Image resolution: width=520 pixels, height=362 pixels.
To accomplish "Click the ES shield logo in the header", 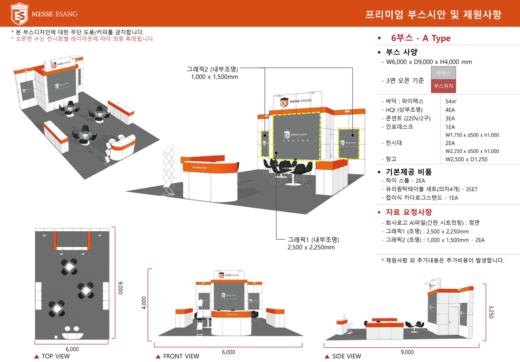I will coord(19,14).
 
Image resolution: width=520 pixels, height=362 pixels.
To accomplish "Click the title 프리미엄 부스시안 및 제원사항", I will coord(433,15).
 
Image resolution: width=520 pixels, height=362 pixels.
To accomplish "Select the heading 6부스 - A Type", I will coord(421,38).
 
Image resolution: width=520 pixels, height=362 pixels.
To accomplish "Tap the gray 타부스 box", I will coord(443,73).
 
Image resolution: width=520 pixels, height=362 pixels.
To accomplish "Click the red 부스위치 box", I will coord(443,86).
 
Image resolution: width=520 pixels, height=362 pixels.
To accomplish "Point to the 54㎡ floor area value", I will coord(451,102).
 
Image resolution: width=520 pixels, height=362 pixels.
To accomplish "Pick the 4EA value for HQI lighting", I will coord(450,110).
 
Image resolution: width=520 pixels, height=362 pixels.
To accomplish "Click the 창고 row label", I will coord(391,159).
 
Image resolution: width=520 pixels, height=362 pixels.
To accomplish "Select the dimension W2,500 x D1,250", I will coord(466,159).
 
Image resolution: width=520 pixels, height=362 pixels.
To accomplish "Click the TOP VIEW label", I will coord(55,356).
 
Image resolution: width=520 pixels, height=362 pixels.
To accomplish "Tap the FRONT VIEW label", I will coord(181,356).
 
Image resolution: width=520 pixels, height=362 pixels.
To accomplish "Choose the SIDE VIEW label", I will coord(346,356).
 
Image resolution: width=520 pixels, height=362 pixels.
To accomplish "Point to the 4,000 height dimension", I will coord(143,303).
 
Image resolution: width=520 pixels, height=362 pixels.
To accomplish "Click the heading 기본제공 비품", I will coord(409,172).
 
